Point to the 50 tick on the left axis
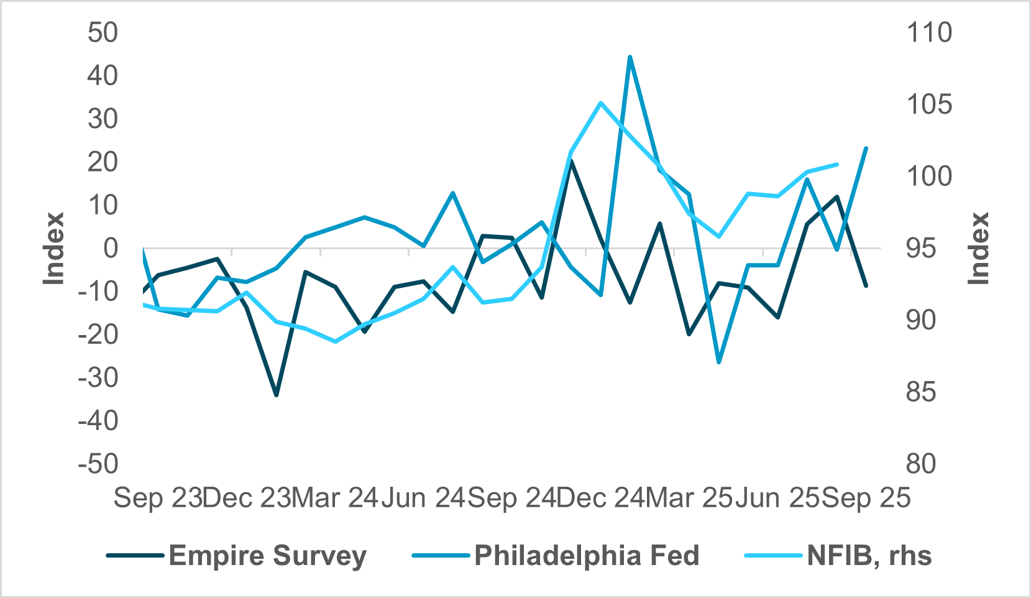tap(103, 32)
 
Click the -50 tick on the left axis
tap(98, 464)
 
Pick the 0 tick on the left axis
tap(110, 248)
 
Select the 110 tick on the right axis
tap(929, 32)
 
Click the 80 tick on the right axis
tap(921, 464)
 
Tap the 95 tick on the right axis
tap(921, 248)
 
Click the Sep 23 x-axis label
tap(158, 498)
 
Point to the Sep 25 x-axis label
tap(866, 498)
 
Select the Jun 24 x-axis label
tap(423, 498)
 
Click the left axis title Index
tap(54, 248)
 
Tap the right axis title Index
tap(979, 248)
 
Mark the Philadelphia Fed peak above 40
tap(630, 57)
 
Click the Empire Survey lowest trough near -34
tap(277, 395)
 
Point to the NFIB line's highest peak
tap(600, 103)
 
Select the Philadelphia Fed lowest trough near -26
tap(719, 362)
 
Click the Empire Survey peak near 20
tap(570, 161)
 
